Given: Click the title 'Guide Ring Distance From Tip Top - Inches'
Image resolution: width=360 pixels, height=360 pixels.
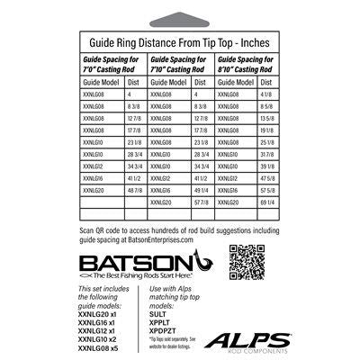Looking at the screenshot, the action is [x=180, y=41].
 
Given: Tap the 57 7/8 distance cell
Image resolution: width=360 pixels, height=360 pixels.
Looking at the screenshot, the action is [x=202, y=229].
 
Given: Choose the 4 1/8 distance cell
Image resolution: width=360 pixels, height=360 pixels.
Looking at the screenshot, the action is [x=268, y=94].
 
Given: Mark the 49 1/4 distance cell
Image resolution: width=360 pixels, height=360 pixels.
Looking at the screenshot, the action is [x=202, y=216].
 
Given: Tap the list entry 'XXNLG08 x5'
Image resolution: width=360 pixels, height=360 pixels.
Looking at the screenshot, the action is [x=105, y=349].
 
